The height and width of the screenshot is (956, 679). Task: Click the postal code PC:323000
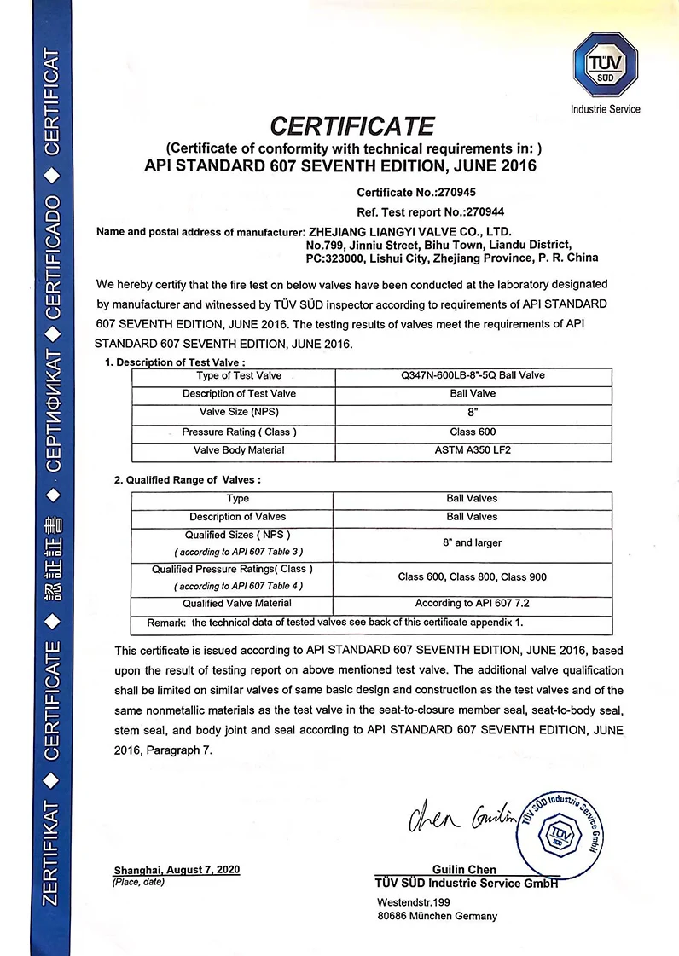(x=335, y=258)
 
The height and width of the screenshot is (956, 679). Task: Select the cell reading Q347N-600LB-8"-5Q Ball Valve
(x=473, y=375)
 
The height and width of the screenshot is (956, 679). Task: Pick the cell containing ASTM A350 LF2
(x=473, y=450)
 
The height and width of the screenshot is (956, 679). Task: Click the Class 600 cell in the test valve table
(x=473, y=432)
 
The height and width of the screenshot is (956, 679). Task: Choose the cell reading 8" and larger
(x=473, y=543)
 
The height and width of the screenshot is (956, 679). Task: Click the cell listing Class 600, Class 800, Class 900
(x=473, y=577)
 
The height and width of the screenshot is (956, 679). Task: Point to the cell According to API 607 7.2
(x=473, y=604)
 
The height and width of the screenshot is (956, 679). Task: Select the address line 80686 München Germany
(x=437, y=916)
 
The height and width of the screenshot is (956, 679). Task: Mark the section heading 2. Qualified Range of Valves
(x=187, y=480)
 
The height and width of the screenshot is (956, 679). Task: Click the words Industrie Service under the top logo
(x=605, y=109)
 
